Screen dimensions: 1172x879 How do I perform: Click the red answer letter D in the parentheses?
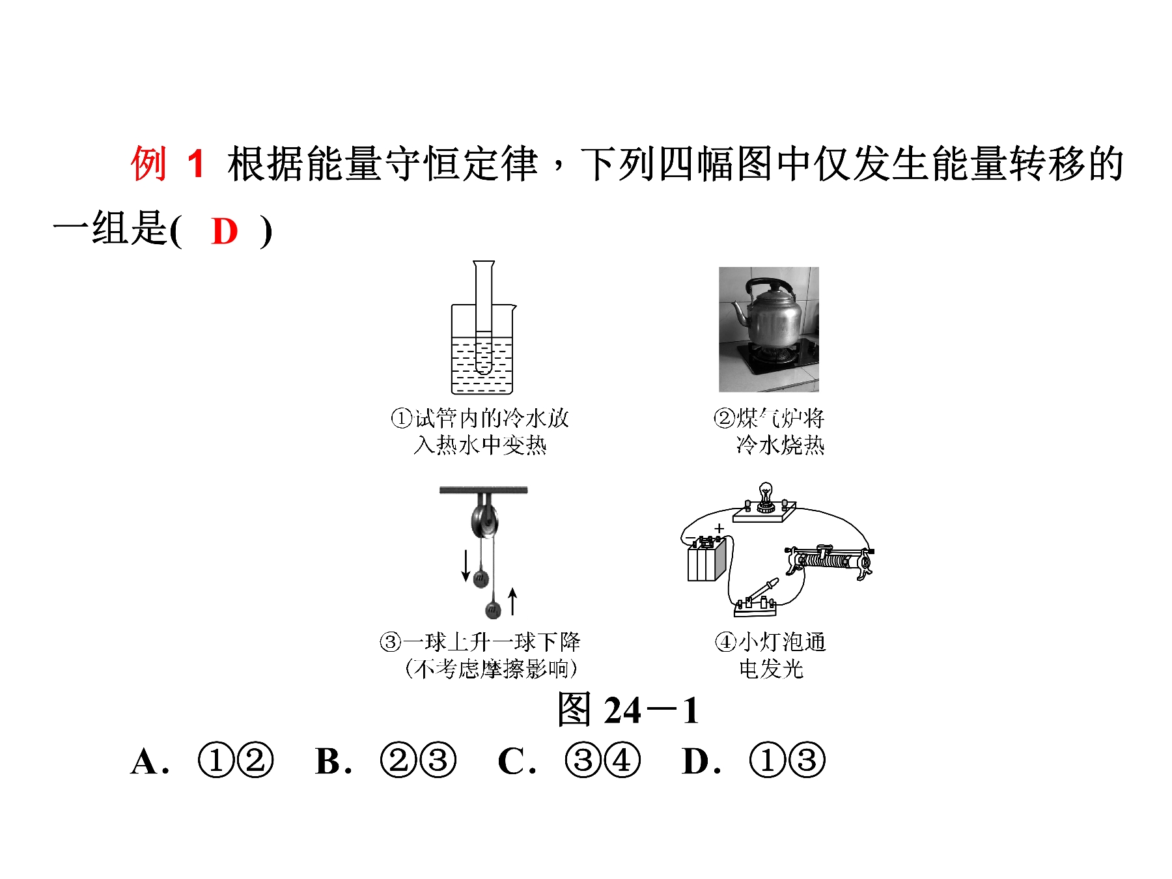[225, 231]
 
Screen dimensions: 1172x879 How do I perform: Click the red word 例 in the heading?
[149, 163]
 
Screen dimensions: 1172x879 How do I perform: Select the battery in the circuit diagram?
[706, 560]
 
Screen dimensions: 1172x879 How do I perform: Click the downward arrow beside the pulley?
[466, 565]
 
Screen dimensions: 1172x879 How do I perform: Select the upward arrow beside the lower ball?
[513, 601]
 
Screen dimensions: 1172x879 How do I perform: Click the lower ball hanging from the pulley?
[493, 610]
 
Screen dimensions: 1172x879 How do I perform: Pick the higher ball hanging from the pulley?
[481, 578]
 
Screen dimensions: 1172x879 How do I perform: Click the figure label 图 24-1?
[628, 710]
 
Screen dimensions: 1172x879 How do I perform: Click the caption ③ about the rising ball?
[480, 655]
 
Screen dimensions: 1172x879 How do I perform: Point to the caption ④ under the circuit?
[770, 655]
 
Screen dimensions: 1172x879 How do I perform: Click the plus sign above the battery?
[719, 529]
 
